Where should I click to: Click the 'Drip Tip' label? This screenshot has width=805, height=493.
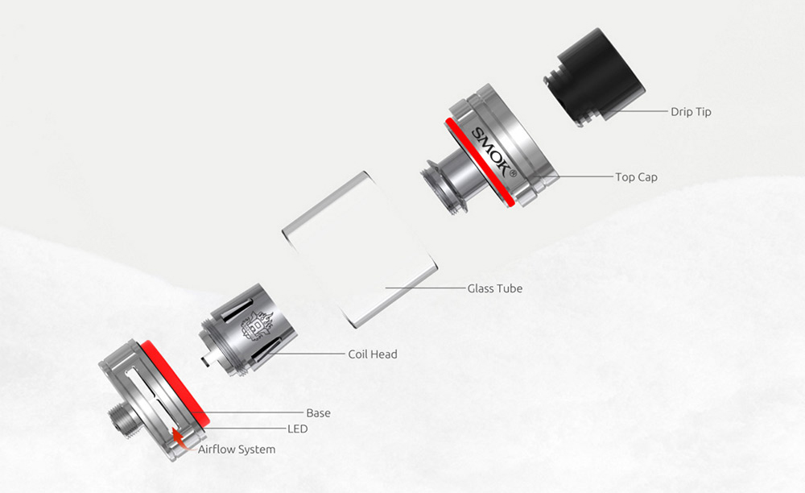point(691,111)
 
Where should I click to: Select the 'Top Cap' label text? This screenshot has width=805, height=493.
point(636,177)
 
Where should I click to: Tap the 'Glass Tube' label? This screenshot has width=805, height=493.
point(494,288)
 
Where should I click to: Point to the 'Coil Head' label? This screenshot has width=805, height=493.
point(372,354)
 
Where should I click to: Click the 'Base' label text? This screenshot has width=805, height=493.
point(318,413)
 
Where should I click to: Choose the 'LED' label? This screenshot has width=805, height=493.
point(297,429)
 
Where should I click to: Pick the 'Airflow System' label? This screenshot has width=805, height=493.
point(237,449)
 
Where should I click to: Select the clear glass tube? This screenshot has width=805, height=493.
point(359,250)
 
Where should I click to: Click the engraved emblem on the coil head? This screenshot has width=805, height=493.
point(256,326)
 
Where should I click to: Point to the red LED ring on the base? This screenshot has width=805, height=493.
point(175,383)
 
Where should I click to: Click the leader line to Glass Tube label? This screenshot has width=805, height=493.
point(425,288)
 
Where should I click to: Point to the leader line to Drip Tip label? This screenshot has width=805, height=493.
point(636,111)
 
